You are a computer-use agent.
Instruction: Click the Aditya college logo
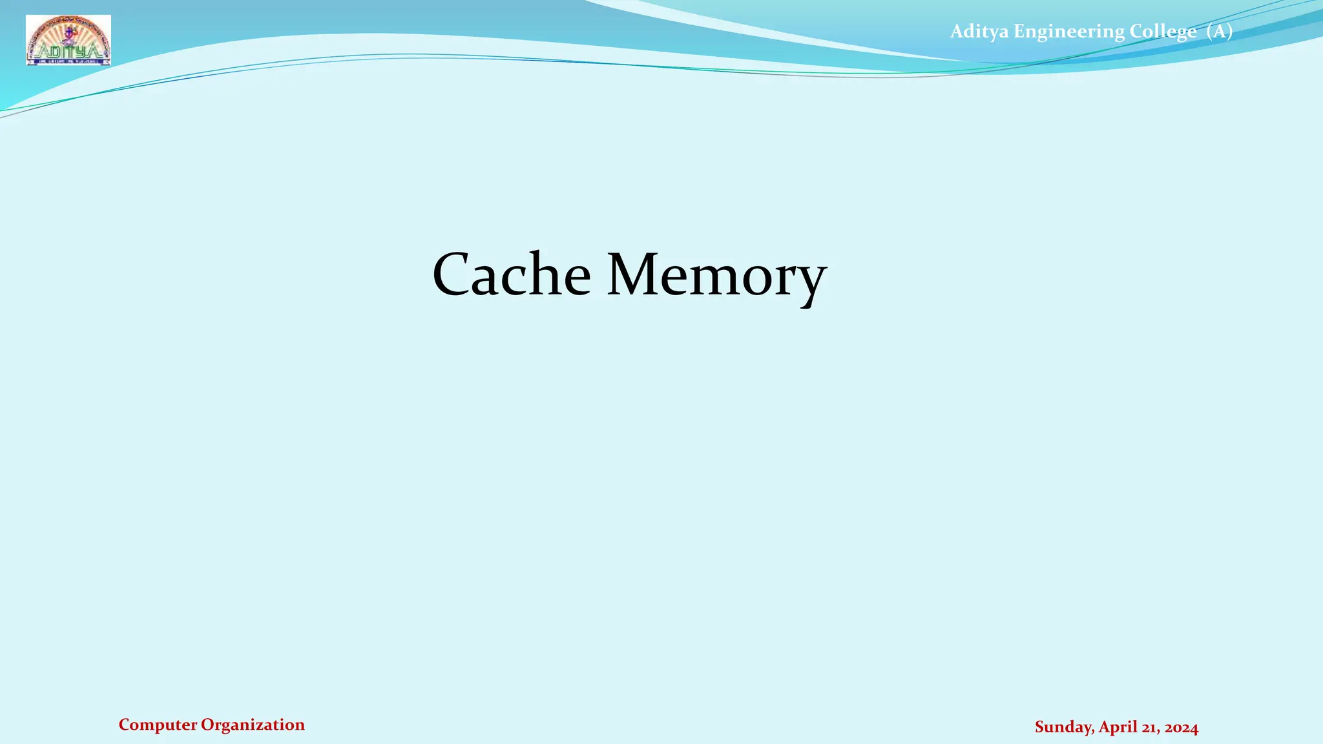(x=68, y=40)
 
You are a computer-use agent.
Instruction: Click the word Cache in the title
(x=511, y=274)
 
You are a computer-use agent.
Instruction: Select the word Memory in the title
(x=716, y=274)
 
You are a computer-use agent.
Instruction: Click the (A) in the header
(x=1219, y=31)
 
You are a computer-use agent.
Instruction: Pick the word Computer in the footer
(x=158, y=725)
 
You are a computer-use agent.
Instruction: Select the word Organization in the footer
(x=253, y=725)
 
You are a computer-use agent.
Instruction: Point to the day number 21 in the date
(x=1149, y=727)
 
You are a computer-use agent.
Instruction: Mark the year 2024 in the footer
(x=1182, y=727)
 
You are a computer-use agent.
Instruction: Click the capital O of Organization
(x=207, y=725)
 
